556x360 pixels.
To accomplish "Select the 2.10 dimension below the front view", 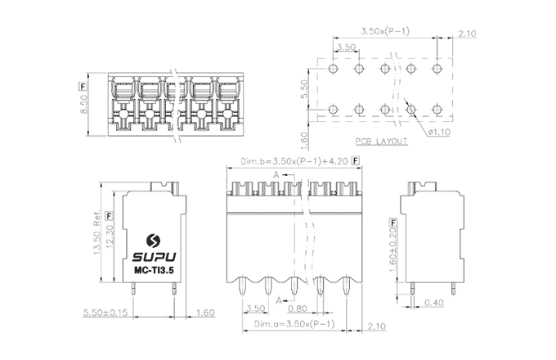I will click(375, 326).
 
